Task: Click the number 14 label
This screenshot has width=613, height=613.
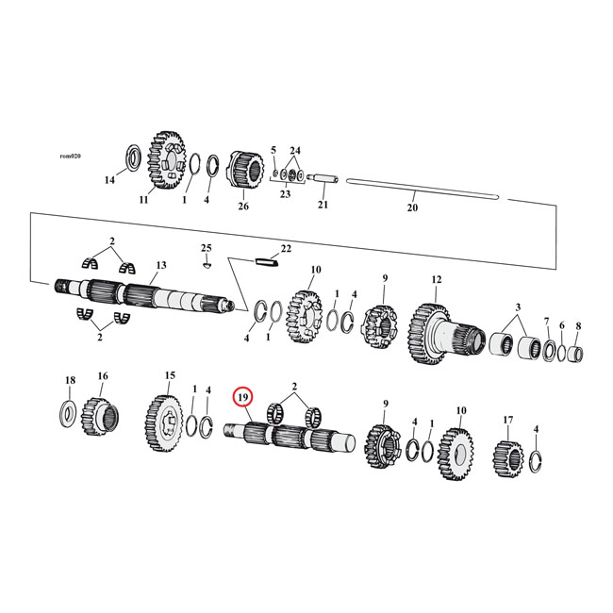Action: (x=108, y=180)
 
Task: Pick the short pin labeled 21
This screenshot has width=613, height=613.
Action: (x=323, y=176)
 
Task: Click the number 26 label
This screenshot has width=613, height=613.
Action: (x=243, y=207)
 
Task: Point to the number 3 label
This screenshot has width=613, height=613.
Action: (x=517, y=308)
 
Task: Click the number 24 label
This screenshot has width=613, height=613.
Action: (x=294, y=151)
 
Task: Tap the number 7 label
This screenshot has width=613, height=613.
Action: (x=546, y=324)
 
